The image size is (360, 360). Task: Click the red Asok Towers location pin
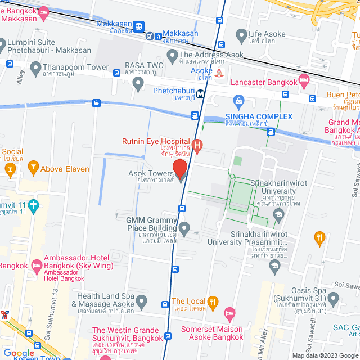click(x=180, y=169)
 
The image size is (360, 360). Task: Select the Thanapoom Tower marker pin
click(x=33, y=68)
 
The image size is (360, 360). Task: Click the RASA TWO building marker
click(x=138, y=84)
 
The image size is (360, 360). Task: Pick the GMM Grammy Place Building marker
click(x=184, y=228)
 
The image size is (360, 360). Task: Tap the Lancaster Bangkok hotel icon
click(x=304, y=83)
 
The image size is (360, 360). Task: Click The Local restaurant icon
click(x=213, y=302)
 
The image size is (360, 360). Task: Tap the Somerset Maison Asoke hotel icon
click(x=229, y=313)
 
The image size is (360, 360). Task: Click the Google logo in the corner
click(x=19, y=354)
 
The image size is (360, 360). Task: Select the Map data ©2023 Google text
click(x=325, y=355)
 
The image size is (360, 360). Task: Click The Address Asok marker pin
click(x=172, y=56)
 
